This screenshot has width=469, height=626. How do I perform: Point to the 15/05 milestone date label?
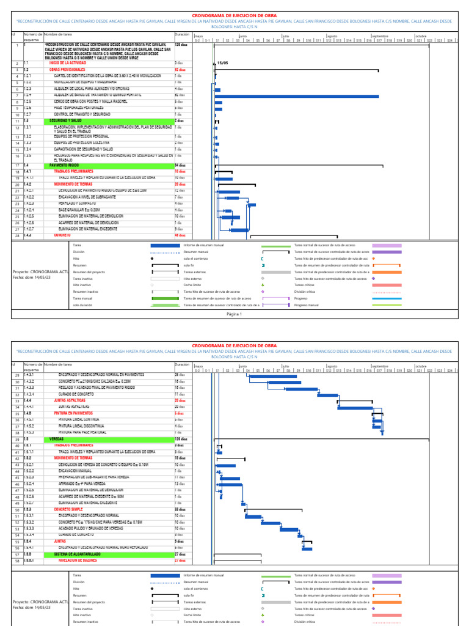point(222,63)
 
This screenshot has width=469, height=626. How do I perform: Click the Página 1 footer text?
point(234,314)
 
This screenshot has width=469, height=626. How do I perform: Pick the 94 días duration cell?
point(180,165)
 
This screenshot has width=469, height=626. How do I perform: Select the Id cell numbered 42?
point(18,458)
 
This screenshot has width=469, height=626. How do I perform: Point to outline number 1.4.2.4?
point(31,210)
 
